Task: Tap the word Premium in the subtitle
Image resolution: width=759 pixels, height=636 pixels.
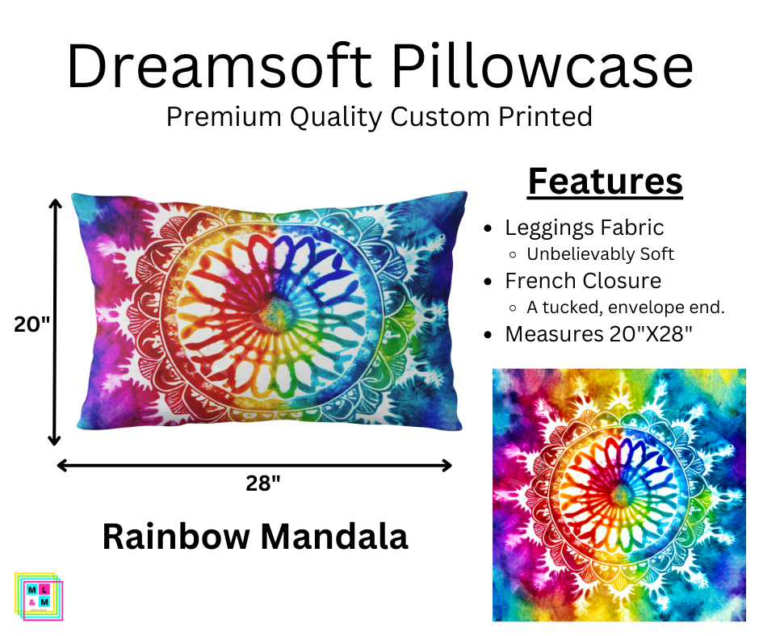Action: [x=218, y=117]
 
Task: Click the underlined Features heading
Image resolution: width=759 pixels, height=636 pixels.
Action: [x=605, y=182]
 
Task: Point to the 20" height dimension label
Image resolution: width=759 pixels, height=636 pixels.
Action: [x=32, y=324]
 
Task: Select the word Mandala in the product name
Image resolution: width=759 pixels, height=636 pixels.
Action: [x=341, y=537]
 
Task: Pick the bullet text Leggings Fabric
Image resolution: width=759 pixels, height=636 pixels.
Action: [x=584, y=228]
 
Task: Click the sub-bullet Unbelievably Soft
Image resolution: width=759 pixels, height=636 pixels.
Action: [x=600, y=253]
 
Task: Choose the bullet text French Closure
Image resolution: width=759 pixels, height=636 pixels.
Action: [x=583, y=280]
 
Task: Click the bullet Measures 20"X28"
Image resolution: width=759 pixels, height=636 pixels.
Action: [x=598, y=333]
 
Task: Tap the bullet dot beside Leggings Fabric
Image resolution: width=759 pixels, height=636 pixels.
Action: [x=488, y=228]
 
